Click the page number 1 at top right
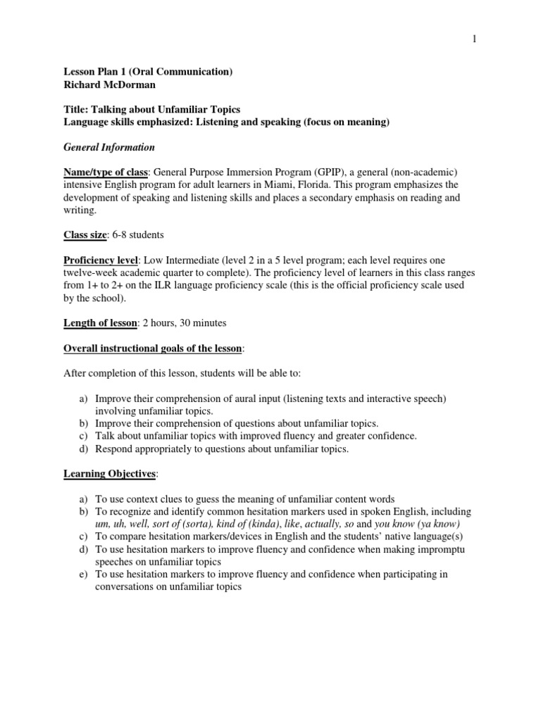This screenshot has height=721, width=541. pyautogui.click(x=475, y=39)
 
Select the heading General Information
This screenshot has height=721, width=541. pyautogui.click(x=109, y=147)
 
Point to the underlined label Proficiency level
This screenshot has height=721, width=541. pyautogui.click(x=103, y=260)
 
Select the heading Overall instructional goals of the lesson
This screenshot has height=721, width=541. pyautogui.click(x=153, y=348)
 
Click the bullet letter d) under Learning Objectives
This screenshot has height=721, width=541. pyautogui.click(x=82, y=549)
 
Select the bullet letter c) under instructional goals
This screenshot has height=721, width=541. pyautogui.click(x=82, y=436)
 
